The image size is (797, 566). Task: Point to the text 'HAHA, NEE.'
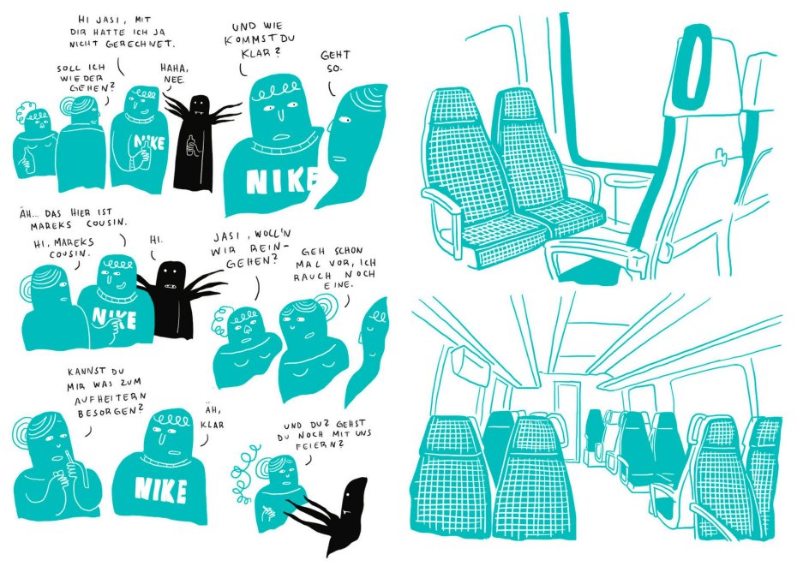point(174,73)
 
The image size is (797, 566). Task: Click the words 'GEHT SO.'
point(334,61)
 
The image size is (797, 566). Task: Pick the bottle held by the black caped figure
point(191,146)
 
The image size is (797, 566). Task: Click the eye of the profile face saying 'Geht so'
point(345,120)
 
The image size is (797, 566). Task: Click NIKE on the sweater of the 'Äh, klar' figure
point(160,490)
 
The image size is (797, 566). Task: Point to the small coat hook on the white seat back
point(721,155)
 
